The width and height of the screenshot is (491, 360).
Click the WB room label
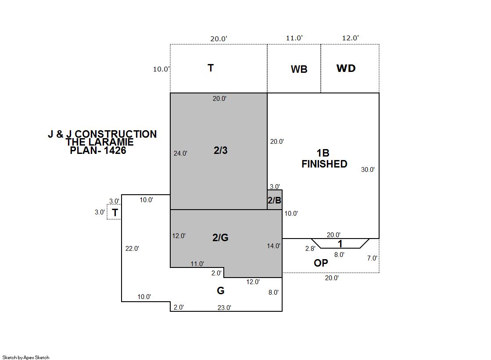click(299, 69)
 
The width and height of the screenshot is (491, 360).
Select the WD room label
click(346, 68)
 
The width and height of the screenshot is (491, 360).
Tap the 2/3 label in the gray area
click(220, 150)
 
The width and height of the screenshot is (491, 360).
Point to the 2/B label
click(274, 200)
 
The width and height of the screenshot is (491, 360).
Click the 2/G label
click(220, 238)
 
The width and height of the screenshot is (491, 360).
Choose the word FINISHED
click(324, 164)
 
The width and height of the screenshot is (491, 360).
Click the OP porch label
click(321, 263)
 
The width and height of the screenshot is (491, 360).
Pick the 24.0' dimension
click(180, 153)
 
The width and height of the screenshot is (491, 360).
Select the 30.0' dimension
click(368, 170)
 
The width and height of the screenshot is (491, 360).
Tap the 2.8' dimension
click(310, 249)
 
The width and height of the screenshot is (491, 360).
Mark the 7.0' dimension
click(372, 258)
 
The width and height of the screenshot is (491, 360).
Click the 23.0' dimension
click(224, 308)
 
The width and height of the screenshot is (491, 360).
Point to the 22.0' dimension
click(132, 249)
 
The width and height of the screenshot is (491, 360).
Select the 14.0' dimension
click(273, 246)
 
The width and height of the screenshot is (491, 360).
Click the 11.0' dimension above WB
click(294, 38)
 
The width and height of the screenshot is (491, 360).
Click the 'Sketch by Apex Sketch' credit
click(25, 357)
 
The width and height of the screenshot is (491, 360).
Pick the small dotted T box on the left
click(114, 213)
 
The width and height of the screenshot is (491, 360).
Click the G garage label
click(220, 291)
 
